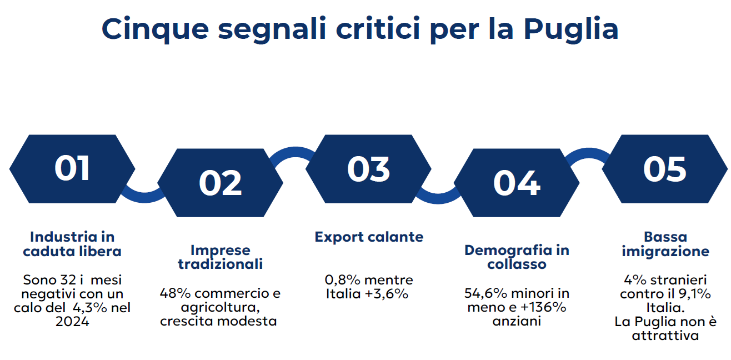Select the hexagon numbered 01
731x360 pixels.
[72, 168]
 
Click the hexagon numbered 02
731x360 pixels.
[221, 183]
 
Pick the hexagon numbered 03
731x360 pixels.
[368, 168]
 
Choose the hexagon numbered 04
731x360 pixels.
[517, 183]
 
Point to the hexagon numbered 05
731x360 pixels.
[665, 168]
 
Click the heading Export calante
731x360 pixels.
[369, 237]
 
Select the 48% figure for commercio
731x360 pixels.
[175, 293]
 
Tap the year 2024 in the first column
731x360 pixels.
[72, 322]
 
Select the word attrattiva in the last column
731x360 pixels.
[665, 336]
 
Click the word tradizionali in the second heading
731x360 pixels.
[221, 264]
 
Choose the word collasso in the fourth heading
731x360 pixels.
[517, 264]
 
